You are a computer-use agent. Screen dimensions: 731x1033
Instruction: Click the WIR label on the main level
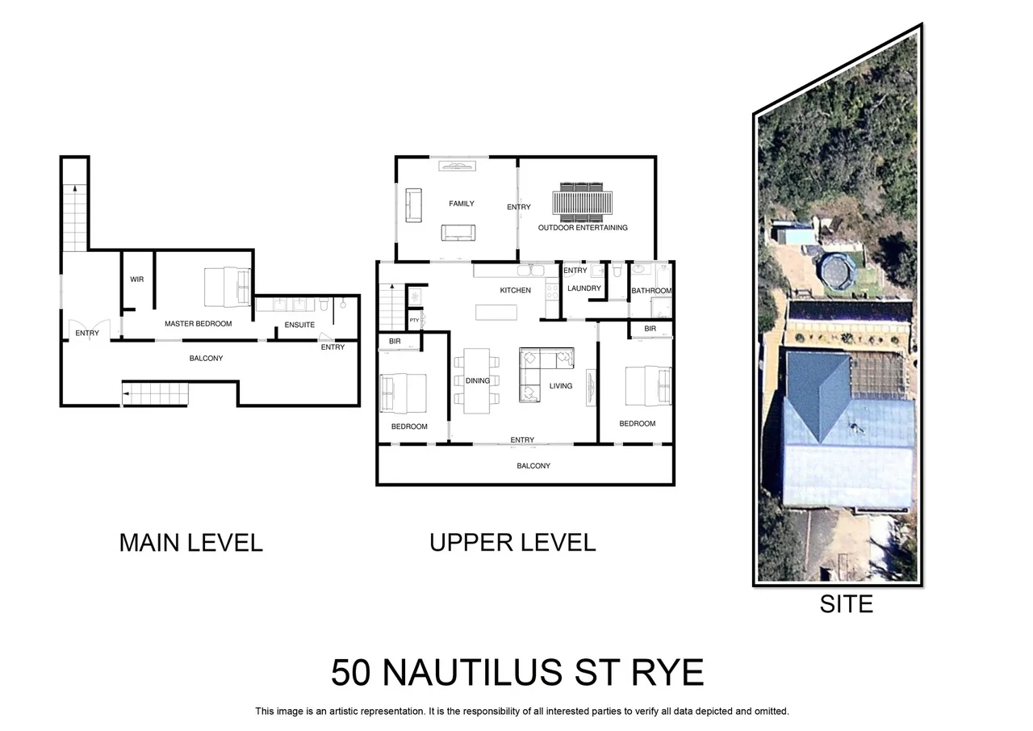pyautogui.click(x=137, y=279)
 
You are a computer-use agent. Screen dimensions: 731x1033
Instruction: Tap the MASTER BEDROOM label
pyautogui.click(x=198, y=324)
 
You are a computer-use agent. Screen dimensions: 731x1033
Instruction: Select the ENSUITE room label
pyautogui.click(x=299, y=326)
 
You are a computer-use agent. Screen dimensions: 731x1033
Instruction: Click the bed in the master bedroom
pyautogui.click(x=226, y=287)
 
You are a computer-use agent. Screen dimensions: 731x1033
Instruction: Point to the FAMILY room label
pyautogui.click(x=462, y=204)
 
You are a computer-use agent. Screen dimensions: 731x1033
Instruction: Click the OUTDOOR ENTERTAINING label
pyautogui.click(x=583, y=228)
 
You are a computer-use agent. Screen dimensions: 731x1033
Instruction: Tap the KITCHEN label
pyautogui.click(x=515, y=290)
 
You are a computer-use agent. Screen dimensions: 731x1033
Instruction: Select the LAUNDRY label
pyautogui.click(x=584, y=288)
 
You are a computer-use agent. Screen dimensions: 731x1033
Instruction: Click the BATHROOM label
pyautogui.click(x=650, y=291)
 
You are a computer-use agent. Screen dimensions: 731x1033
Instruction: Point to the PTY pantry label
pyautogui.click(x=414, y=321)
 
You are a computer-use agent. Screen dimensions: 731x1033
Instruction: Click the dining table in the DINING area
pyautogui.click(x=478, y=380)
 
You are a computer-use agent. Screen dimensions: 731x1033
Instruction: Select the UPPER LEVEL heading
pyautogui.click(x=512, y=542)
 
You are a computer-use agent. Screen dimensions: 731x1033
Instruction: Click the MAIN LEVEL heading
pyautogui.click(x=190, y=542)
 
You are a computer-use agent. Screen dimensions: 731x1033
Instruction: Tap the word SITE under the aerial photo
pyautogui.click(x=846, y=603)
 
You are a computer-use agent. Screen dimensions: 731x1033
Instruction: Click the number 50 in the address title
pyautogui.click(x=351, y=673)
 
